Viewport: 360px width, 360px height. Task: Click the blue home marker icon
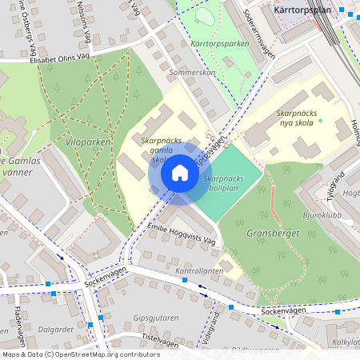click(x=180, y=173)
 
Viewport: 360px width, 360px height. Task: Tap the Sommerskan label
click(x=193, y=71)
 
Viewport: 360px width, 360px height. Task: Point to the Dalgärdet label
click(x=57, y=329)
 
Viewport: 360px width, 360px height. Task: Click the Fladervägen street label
click(x=17, y=323)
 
